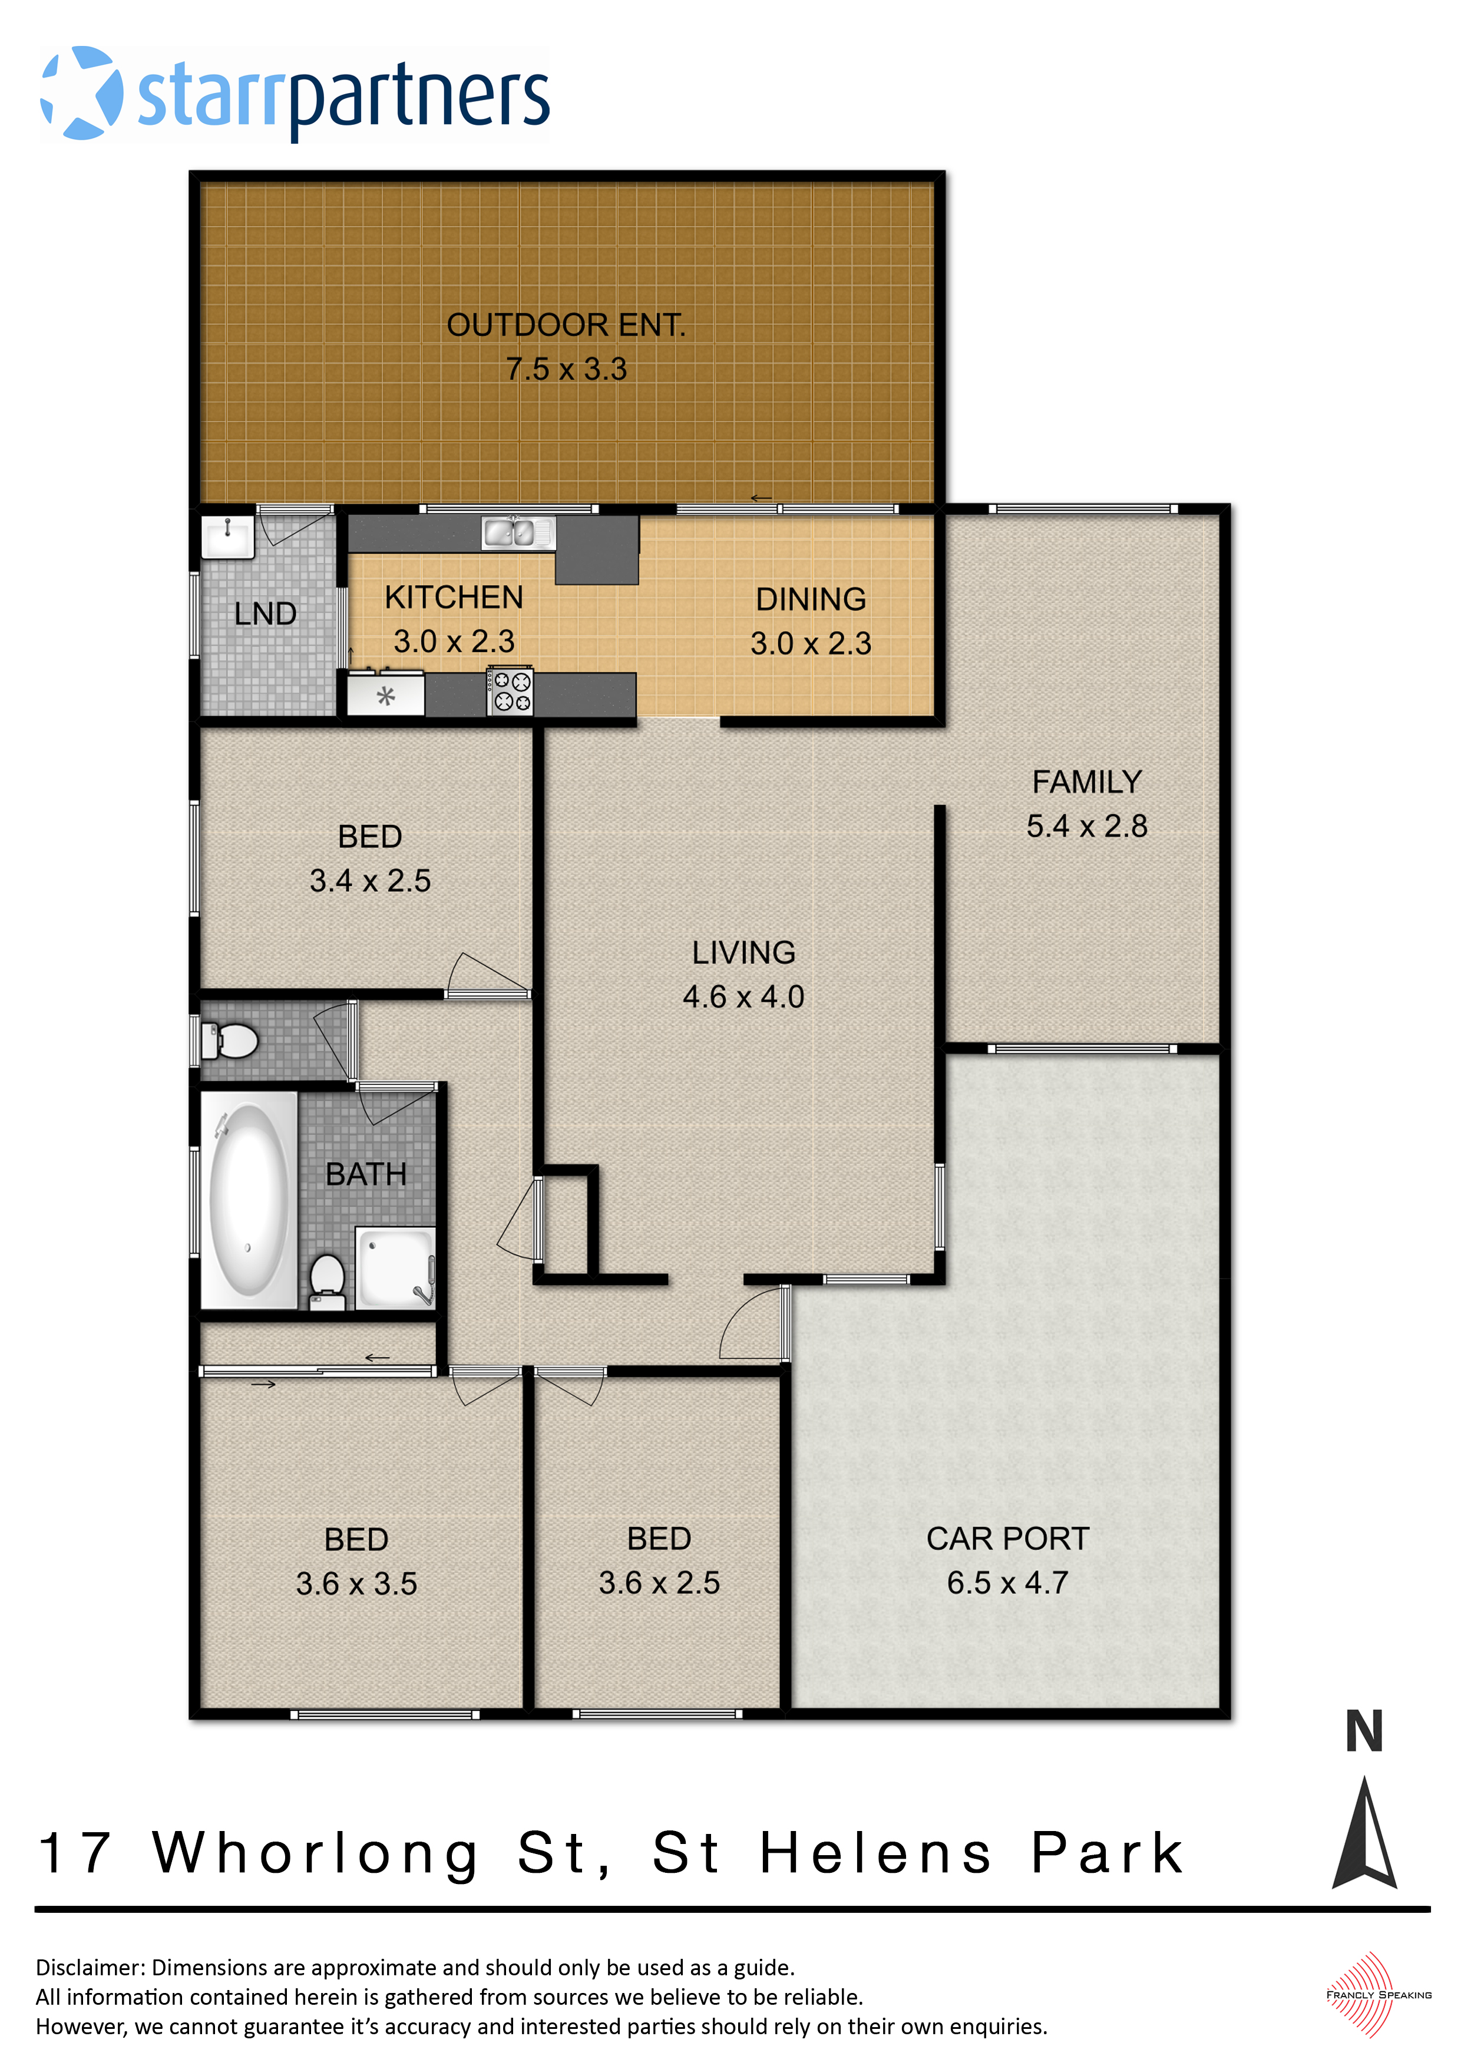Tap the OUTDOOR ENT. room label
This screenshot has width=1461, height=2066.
566,325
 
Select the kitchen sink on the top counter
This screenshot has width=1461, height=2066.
518,533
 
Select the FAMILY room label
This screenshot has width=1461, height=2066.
1086,782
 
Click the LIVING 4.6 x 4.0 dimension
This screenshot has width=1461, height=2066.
743,996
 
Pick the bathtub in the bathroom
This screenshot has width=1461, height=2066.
249,1200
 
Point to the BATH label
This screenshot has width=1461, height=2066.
365,1174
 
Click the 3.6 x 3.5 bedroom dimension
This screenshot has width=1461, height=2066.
356,1584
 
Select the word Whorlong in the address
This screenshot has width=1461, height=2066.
316,1853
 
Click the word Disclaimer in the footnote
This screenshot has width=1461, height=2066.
89,1968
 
